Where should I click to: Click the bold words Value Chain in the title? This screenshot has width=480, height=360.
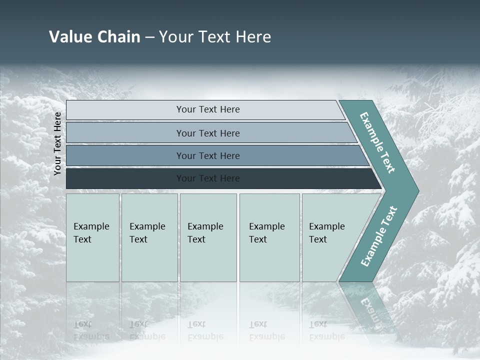[94, 37]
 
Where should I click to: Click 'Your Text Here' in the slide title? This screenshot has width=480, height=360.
[215, 37]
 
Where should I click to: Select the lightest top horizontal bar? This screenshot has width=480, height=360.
[125, 110]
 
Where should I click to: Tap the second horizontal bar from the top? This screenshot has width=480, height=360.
[125, 133]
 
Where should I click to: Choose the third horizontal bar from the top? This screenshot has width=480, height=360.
[125, 155]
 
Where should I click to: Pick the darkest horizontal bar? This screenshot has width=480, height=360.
[125, 178]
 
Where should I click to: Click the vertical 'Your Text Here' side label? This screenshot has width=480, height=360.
[57, 143]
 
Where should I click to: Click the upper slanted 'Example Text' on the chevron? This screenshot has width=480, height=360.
[377, 142]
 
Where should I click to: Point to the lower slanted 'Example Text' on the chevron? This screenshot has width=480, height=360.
[379, 236]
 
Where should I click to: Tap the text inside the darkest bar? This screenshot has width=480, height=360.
[208, 178]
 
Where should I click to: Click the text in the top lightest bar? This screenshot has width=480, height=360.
[208, 109]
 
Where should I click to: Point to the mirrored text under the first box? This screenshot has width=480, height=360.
[91, 330]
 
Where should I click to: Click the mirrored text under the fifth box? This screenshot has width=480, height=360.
[326, 330]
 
